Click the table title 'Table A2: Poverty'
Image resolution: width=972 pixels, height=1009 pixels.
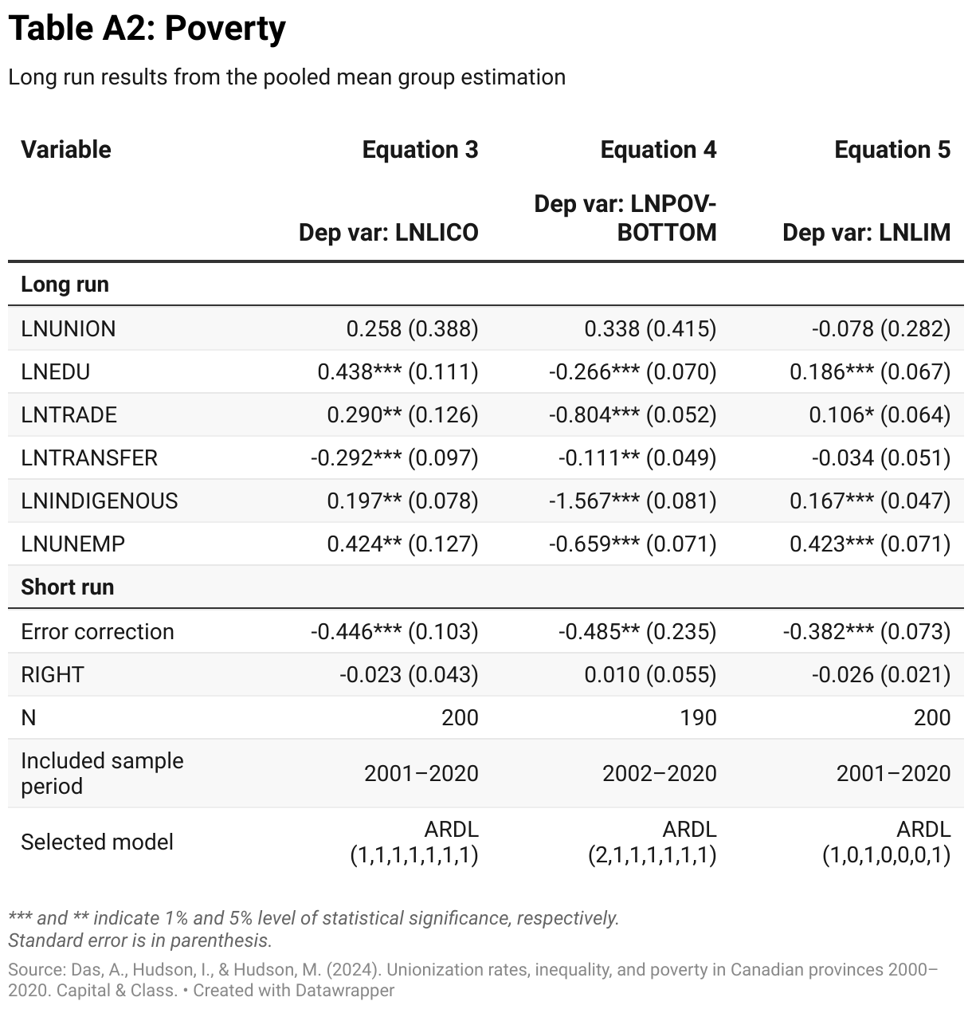click(x=147, y=29)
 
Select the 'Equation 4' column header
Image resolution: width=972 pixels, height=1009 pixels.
click(x=658, y=150)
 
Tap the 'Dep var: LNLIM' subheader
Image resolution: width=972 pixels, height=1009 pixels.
click(x=866, y=232)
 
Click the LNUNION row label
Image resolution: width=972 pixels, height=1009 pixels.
click(x=69, y=328)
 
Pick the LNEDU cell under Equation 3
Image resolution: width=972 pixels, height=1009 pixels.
click(x=398, y=371)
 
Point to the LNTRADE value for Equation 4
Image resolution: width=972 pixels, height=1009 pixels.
click(x=633, y=414)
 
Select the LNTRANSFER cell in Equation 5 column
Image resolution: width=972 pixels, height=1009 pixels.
click(x=880, y=457)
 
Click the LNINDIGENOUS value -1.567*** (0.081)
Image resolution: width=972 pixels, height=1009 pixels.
click(x=633, y=501)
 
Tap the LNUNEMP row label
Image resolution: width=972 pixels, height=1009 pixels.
click(x=73, y=544)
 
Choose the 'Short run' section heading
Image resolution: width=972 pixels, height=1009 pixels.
click(x=68, y=587)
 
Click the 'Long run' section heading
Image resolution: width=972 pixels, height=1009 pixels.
click(x=65, y=285)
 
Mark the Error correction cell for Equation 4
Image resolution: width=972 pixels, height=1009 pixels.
click(x=637, y=631)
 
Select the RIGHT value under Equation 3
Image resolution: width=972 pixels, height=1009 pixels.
click(x=409, y=674)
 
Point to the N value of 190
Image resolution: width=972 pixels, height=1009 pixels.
click(x=698, y=717)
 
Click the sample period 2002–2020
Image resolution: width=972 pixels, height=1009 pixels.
click(x=659, y=773)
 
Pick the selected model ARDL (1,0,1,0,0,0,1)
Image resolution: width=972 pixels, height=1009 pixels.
click(x=886, y=842)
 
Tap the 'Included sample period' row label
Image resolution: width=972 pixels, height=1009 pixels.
click(x=102, y=773)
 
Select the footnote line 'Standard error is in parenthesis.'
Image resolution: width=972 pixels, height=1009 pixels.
click(x=140, y=940)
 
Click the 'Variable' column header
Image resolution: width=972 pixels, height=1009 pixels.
click(x=66, y=150)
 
